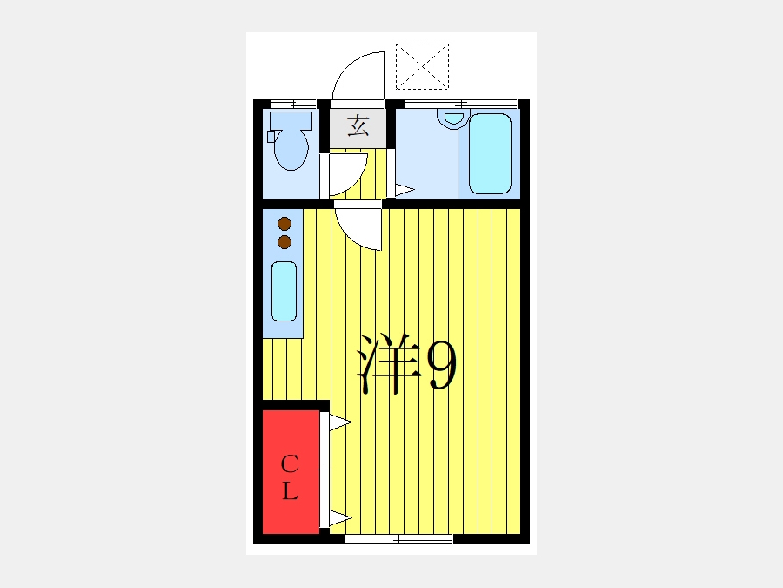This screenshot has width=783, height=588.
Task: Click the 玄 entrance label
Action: [x=358, y=125]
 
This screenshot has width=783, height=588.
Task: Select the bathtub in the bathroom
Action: [x=490, y=153]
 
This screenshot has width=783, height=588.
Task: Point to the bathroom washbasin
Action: [x=453, y=119]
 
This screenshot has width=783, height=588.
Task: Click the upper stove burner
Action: [x=284, y=224]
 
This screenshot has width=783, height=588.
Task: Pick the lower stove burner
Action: [x=284, y=242]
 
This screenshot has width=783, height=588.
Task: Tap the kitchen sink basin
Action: [x=284, y=291]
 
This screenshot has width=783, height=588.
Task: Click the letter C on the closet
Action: [x=290, y=464]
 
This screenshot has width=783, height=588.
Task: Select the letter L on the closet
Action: [x=290, y=490]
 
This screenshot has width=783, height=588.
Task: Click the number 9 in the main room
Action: [x=443, y=365]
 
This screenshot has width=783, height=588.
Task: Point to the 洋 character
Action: [x=390, y=363]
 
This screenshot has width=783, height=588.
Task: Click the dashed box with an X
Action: [x=423, y=66]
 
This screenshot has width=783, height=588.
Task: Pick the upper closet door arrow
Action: [x=340, y=422]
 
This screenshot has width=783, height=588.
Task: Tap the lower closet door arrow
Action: [x=340, y=518]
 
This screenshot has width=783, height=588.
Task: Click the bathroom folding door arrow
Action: [x=405, y=190]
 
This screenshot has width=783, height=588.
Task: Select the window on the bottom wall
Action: [x=398, y=539]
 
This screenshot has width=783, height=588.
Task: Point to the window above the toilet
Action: [x=293, y=104]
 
